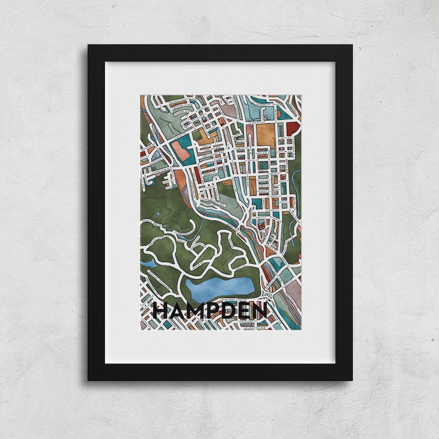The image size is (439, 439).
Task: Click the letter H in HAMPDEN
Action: point(161,311)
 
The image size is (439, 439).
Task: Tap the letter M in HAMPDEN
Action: point(197,311)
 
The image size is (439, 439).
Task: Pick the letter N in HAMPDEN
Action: point(260,311)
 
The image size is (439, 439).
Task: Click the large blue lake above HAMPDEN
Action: point(220,286)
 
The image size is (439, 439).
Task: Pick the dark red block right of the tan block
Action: point(292,128)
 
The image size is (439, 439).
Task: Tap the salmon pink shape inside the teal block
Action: point(180,148)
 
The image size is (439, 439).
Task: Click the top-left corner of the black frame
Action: point(89,46)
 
